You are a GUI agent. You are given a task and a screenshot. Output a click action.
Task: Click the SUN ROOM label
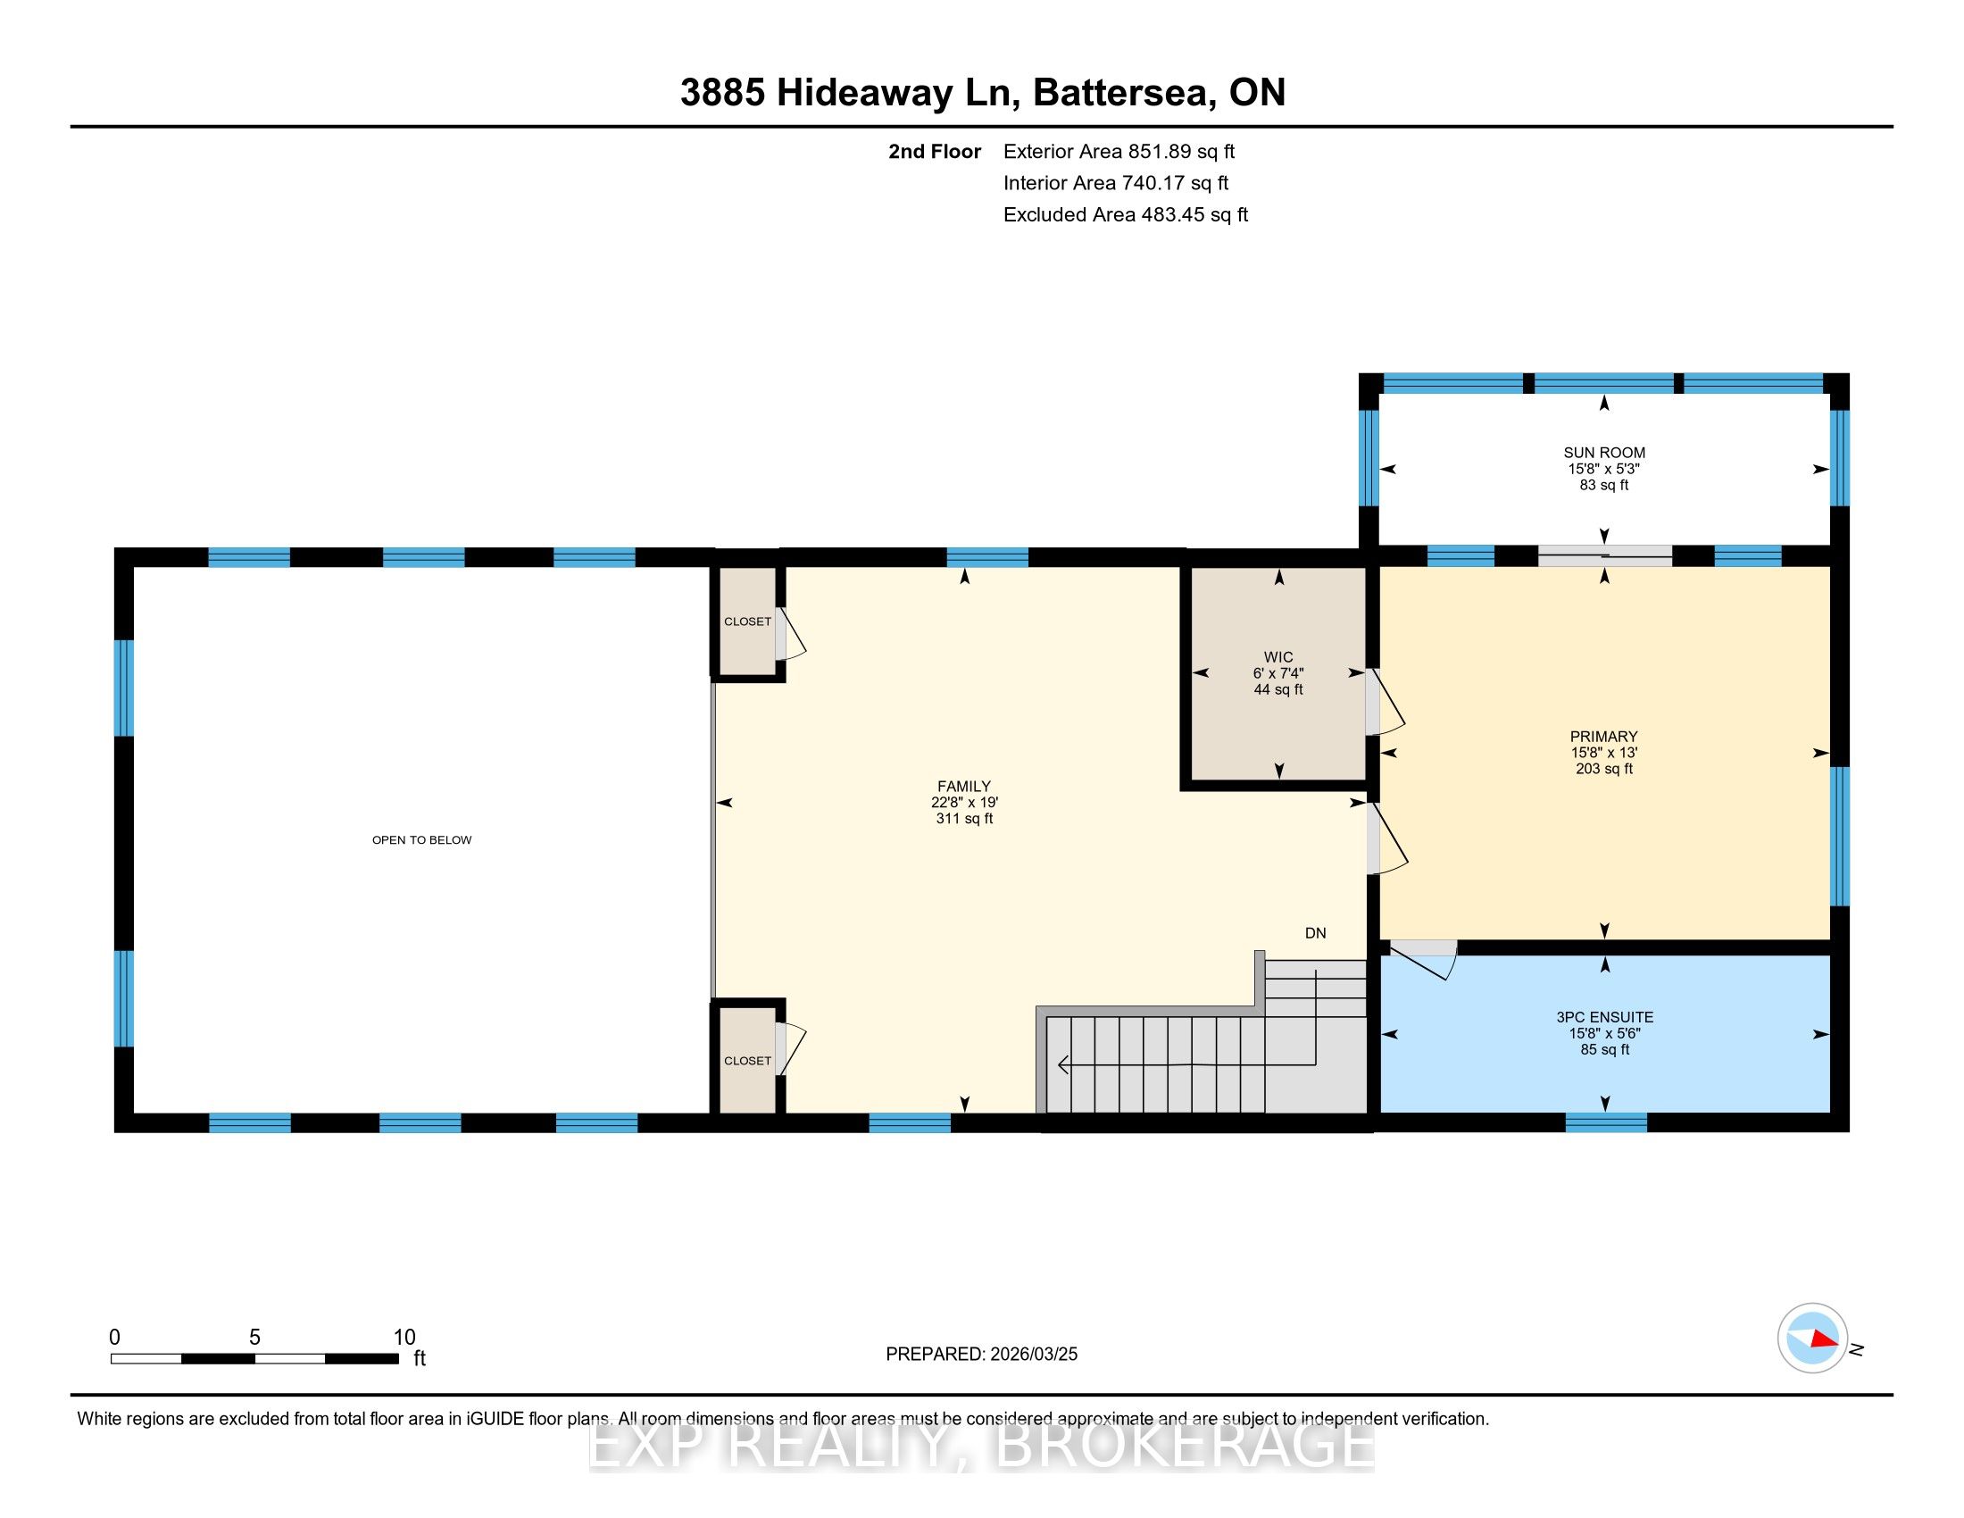tap(1603, 453)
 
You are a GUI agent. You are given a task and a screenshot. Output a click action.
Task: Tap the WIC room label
tap(1277, 656)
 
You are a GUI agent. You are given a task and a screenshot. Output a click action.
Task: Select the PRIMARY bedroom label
tap(1603, 736)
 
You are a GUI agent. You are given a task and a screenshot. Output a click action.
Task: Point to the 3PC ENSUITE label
tap(1604, 1017)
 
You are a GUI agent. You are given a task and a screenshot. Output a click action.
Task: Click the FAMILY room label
tap(964, 786)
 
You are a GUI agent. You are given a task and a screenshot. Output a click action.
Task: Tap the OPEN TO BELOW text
tap(421, 840)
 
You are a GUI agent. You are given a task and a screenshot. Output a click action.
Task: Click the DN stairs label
tap(1316, 933)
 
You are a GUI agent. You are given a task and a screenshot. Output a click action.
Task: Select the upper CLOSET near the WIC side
tap(747, 621)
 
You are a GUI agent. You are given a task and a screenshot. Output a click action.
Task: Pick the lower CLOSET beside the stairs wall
tap(747, 1061)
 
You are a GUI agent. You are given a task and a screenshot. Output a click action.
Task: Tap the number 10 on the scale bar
tap(404, 1338)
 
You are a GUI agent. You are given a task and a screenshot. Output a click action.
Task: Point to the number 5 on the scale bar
tap(254, 1338)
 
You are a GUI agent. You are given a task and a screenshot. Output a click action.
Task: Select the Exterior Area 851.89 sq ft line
tap(1119, 152)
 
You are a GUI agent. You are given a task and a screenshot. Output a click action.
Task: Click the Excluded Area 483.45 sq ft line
tap(1126, 215)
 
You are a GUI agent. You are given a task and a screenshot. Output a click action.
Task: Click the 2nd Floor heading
tap(935, 152)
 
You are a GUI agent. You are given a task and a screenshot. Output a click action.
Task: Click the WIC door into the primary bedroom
tap(1385, 702)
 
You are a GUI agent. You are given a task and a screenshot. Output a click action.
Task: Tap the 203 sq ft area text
tap(1604, 769)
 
